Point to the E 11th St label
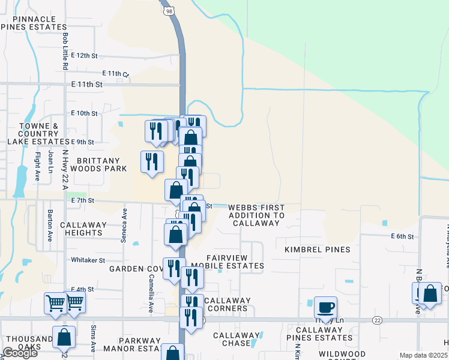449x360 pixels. tap(87, 85)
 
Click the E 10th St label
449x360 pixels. tap(84, 113)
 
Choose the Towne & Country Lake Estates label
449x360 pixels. tap(38, 134)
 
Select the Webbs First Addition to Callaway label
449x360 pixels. tap(256, 215)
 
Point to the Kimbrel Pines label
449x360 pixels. tap(309, 248)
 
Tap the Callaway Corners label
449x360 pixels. tap(226, 305)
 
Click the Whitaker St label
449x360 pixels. tap(88, 260)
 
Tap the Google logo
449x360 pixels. tap(20, 352)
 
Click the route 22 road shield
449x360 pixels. tap(376, 320)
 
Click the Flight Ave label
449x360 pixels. tap(37, 167)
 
